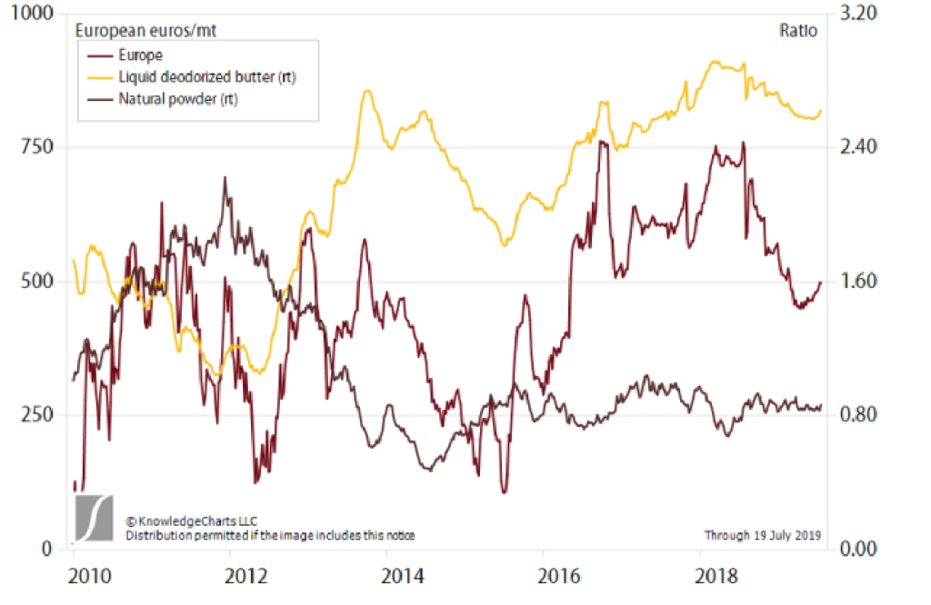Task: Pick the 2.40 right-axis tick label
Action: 860,147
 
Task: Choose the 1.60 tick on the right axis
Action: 860,281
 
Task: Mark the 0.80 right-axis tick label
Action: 860,414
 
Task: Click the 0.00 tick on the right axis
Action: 860,549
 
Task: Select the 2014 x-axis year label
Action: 403,578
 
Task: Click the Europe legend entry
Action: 141,55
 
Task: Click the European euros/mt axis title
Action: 145,30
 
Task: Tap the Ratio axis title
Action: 798,30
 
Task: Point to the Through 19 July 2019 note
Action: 762,535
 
